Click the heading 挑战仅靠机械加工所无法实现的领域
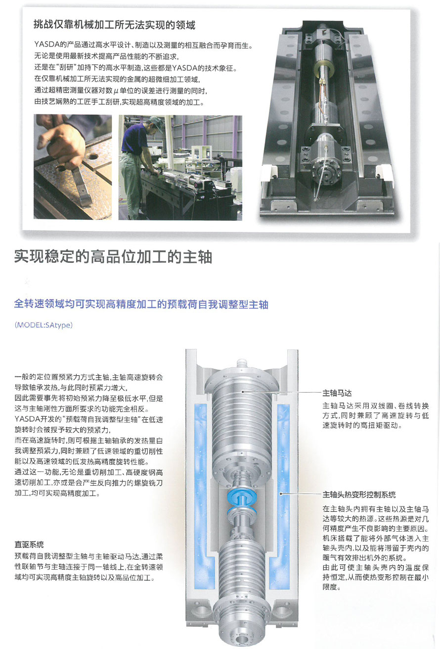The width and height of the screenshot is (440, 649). (114, 25)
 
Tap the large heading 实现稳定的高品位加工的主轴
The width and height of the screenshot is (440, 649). (113, 257)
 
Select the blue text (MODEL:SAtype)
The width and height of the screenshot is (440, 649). (44, 325)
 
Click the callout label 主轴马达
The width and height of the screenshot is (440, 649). (337, 393)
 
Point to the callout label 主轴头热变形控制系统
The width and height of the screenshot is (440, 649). (359, 495)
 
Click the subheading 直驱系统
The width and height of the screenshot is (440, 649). (29, 545)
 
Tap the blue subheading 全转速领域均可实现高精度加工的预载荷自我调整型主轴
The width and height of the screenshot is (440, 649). (141, 304)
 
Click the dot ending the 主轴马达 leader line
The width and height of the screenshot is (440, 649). (243, 392)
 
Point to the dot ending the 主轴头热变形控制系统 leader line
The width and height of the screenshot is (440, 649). (280, 494)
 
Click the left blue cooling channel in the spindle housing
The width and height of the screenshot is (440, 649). (201, 493)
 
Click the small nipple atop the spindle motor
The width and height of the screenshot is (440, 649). (242, 362)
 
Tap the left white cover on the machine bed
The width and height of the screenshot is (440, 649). (269, 173)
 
